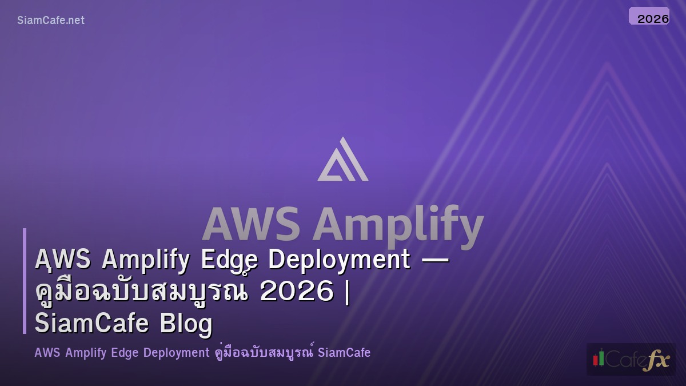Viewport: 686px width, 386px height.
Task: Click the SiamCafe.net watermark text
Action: pyautogui.click(x=51, y=21)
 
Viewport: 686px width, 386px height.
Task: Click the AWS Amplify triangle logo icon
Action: pyautogui.click(x=343, y=160)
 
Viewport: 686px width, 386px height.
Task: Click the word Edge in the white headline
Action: pyautogui.click(x=229, y=260)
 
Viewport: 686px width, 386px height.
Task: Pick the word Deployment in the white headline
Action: pyautogui.click(x=339, y=261)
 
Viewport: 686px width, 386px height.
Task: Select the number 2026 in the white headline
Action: pyautogui.click(x=296, y=292)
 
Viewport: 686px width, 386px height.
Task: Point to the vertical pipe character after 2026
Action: pyautogui.click(x=348, y=292)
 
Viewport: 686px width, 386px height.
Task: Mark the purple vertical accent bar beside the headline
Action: pyautogui.click(x=25, y=281)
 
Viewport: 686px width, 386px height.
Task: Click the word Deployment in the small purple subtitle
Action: pyautogui.click(x=176, y=353)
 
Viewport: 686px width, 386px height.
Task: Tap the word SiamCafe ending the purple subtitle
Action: pyautogui.click(x=344, y=353)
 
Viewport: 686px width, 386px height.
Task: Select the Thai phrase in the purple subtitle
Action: pyautogui.click(x=264, y=353)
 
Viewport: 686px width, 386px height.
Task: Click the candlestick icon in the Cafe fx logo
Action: pyautogui.click(x=599, y=359)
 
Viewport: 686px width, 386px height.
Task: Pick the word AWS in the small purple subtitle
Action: pyautogui.click(x=47, y=353)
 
